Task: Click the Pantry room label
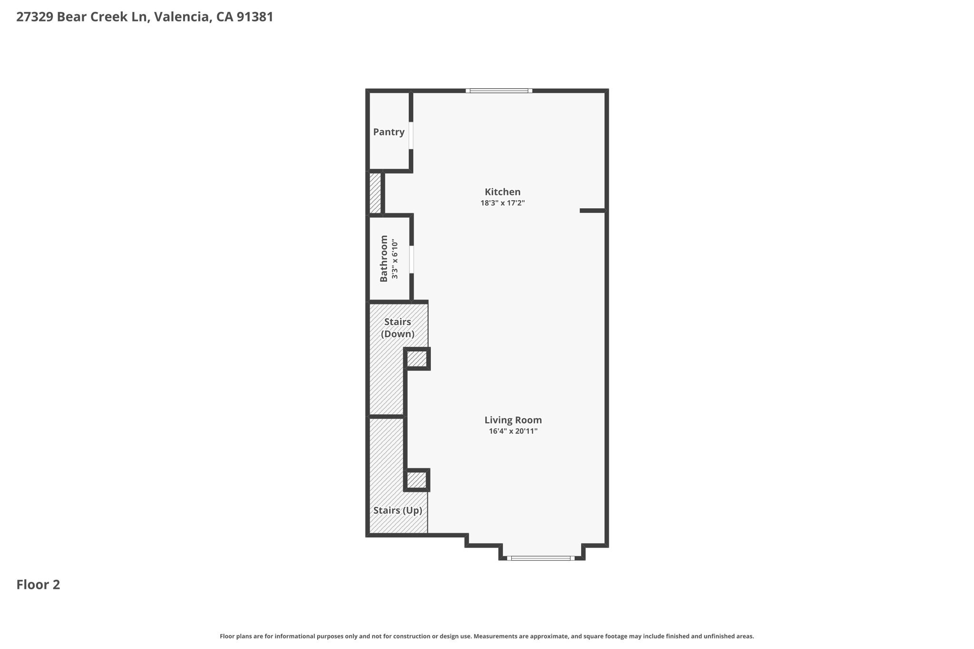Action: click(x=389, y=132)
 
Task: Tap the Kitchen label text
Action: click(x=502, y=192)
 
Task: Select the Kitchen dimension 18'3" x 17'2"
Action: click(x=502, y=203)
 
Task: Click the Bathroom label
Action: click(x=384, y=259)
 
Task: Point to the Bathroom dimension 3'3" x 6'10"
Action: click(x=394, y=259)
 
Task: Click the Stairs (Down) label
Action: click(x=398, y=328)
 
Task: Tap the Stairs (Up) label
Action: click(x=398, y=511)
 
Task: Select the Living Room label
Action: click(x=513, y=420)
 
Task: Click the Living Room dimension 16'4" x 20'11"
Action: click(x=513, y=431)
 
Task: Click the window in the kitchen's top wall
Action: click(x=498, y=91)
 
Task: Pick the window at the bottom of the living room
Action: click(x=541, y=558)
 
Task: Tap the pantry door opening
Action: click(x=411, y=136)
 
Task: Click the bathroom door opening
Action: click(x=411, y=259)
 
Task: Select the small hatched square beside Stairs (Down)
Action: click(x=417, y=359)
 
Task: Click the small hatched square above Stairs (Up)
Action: click(x=417, y=480)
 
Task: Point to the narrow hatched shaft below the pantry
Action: click(x=375, y=193)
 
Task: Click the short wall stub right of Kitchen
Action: click(x=593, y=211)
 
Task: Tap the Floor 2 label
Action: click(x=38, y=585)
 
